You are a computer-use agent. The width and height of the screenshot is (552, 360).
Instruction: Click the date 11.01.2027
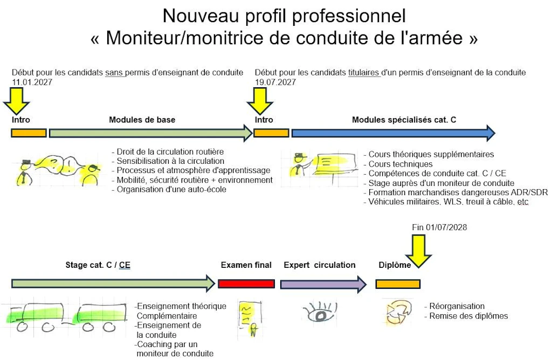click(x=32, y=82)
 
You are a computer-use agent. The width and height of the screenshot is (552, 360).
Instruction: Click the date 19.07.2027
click(x=275, y=82)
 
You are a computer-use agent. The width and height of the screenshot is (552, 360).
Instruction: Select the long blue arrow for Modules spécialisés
click(x=392, y=133)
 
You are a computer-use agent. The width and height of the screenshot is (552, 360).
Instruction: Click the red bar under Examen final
click(x=246, y=283)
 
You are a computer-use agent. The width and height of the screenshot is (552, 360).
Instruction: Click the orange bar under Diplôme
click(x=398, y=283)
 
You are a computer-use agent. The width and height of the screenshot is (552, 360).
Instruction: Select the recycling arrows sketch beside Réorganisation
click(x=399, y=313)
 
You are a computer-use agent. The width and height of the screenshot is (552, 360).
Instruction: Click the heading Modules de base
click(x=142, y=120)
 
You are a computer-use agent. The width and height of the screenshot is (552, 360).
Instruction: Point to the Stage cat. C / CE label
click(x=98, y=265)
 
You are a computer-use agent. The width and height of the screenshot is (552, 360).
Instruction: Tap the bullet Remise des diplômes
click(x=468, y=316)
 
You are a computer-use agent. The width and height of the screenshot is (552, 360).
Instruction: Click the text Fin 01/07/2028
click(x=439, y=227)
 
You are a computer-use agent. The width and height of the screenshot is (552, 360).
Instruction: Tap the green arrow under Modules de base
click(x=150, y=133)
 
